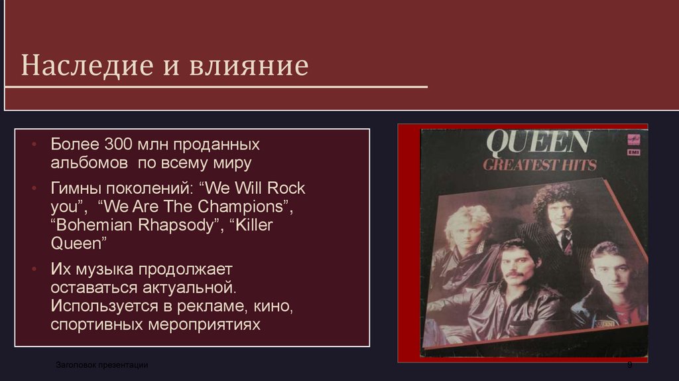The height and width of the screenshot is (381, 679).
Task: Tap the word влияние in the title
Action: pyautogui.click(x=249, y=67)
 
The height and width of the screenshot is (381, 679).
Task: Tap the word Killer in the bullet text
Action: pyautogui.click(x=251, y=224)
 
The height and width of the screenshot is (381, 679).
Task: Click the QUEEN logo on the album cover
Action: pyautogui.click(x=538, y=143)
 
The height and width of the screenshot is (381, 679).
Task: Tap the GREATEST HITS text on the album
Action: pyautogui.click(x=540, y=165)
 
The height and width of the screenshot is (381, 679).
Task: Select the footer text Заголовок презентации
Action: pyautogui.click(x=102, y=365)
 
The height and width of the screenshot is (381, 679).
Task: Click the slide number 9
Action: pyautogui.click(x=629, y=366)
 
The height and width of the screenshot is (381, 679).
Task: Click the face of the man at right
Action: pyautogui.click(x=609, y=271)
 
